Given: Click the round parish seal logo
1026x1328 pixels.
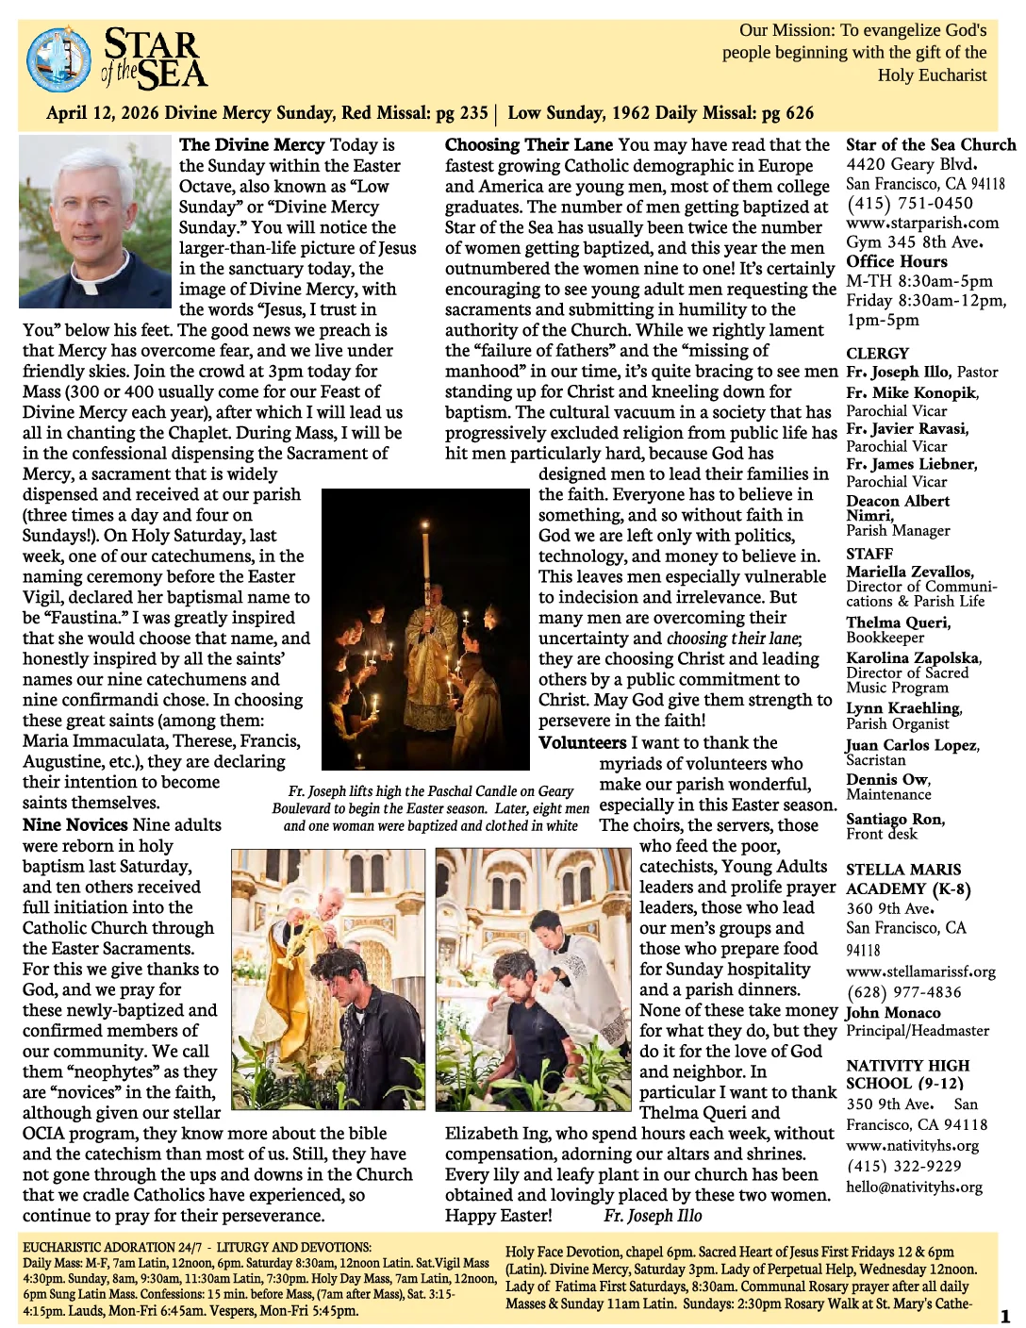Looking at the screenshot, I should pyautogui.click(x=60, y=60).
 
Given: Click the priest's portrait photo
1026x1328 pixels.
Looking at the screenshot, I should pyautogui.click(x=95, y=222).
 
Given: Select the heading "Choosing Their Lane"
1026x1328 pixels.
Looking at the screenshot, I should pyautogui.click(x=529, y=145).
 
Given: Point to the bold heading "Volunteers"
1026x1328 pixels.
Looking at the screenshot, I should pyautogui.click(x=582, y=743).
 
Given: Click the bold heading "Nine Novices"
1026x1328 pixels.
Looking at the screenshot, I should pyautogui.click(x=75, y=825).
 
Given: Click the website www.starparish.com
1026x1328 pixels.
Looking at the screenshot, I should pyautogui.click(x=921, y=224).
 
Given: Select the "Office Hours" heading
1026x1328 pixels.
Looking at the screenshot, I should pyautogui.click(x=896, y=262).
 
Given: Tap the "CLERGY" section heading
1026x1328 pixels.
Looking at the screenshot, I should pyautogui.click(x=877, y=354).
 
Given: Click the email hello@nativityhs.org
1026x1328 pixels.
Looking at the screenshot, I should pyautogui.click(x=914, y=1187).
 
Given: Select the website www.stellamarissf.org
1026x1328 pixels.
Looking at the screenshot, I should pyautogui.click(x=920, y=971).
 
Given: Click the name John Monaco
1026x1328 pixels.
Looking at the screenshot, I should pyautogui.click(x=893, y=1013).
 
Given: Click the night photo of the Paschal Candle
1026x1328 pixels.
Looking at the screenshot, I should pyautogui.click(x=425, y=629).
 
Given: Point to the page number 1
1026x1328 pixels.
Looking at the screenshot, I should pyautogui.click(x=1005, y=1317).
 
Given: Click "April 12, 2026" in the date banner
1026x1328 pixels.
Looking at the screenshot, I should pyautogui.click(x=103, y=114).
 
